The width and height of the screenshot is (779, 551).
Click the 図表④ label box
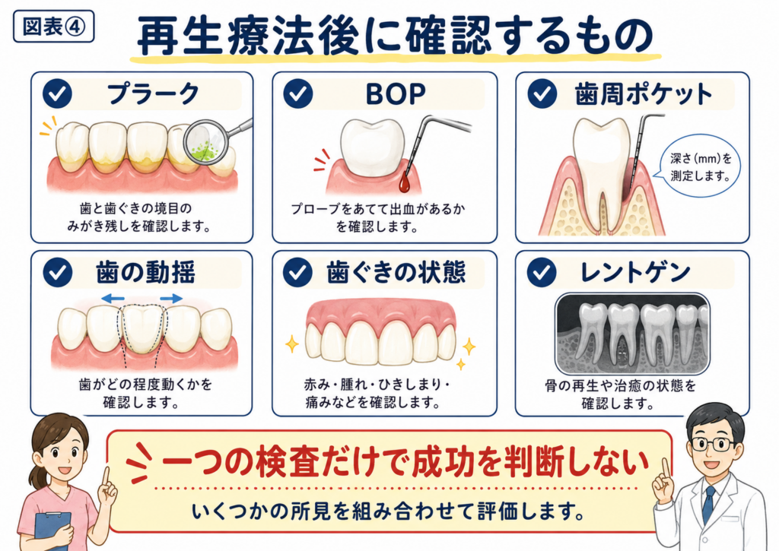[54, 27]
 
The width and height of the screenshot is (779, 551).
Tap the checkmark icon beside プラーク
[57, 93]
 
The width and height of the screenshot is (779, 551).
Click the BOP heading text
[396, 93]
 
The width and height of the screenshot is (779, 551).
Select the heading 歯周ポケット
[644, 94]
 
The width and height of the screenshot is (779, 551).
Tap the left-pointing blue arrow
[113, 299]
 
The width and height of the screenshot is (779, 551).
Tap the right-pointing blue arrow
[171, 299]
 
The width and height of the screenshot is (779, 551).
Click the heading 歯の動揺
[145, 273]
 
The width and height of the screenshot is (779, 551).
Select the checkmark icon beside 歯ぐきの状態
[297, 273]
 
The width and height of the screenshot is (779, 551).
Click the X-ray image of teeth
[632, 334]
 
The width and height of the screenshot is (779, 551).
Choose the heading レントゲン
[635, 273]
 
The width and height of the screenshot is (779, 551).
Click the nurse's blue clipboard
[52, 530]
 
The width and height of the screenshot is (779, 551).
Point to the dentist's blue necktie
[708, 505]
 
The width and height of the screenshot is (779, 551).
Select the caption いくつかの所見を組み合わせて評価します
[389, 511]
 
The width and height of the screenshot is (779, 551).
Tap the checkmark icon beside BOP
[298, 93]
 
